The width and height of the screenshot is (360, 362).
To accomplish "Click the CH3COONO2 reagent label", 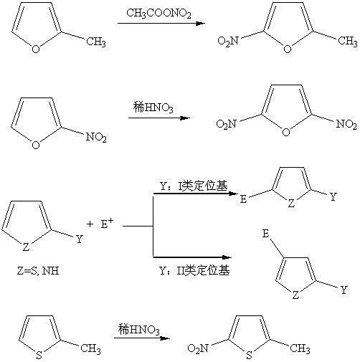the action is pyautogui.click(x=158, y=14).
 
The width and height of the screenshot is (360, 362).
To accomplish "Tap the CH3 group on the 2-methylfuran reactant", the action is pyautogui.click(x=96, y=42).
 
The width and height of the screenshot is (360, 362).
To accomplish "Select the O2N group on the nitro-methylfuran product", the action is pyautogui.click(x=228, y=41).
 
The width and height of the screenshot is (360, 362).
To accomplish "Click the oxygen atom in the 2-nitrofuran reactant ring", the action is pyautogui.click(x=36, y=145).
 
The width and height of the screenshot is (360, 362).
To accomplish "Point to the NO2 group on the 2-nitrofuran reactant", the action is pyautogui.click(x=96, y=138).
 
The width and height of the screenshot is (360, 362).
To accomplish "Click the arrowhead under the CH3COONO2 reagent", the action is pyautogui.click(x=200, y=24).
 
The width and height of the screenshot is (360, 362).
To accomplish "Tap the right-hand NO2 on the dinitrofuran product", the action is pyautogui.click(x=346, y=124).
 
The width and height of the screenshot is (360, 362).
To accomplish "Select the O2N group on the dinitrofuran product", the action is pyautogui.click(x=227, y=124).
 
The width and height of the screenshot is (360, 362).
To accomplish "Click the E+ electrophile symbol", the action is pyautogui.click(x=107, y=224).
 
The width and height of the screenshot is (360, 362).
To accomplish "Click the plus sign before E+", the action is pyautogui.click(x=90, y=224).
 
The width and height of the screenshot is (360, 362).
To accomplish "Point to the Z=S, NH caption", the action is pyautogui.click(x=38, y=271).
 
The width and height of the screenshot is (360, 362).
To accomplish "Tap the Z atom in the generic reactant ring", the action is pyautogui.click(x=26, y=247).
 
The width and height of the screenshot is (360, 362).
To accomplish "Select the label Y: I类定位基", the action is pyautogui.click(x=194, y=186).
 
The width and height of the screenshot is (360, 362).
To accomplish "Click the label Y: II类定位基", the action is pyautogui.click(x=194, y=270).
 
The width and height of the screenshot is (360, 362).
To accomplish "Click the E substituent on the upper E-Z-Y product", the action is pyautogui.click(x=243, y=199).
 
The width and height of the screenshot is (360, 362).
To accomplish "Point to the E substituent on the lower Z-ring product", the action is pyautogui.click(x=265, y=234).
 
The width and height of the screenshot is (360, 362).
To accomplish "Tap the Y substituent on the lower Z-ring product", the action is pyautogui.click(x=344, y=290).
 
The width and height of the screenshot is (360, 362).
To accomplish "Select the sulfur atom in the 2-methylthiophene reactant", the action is pyautogui.click(x=39, y=355).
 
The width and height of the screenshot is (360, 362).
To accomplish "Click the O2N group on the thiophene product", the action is pyautogui.click(x=198, y=348).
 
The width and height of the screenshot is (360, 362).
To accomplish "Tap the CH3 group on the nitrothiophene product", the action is pyautogui.click(x=300, y=348).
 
